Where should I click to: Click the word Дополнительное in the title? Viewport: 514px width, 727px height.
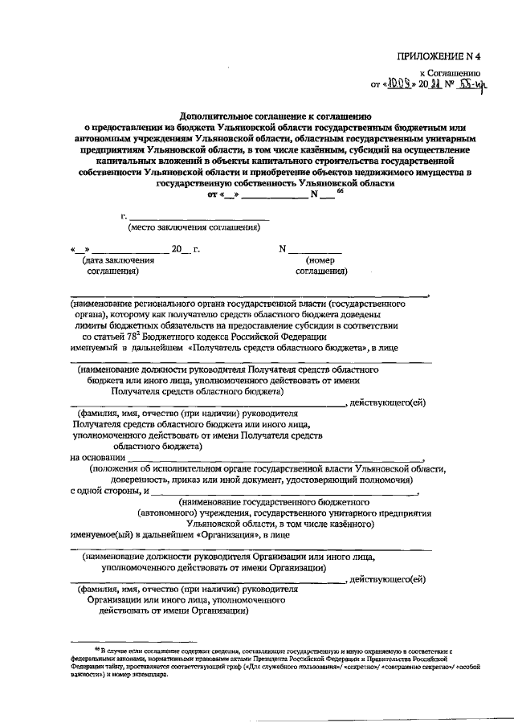tap(217, 115)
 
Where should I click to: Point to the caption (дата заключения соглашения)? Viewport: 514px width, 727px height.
tap(109, 266)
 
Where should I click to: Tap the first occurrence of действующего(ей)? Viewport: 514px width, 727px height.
tap(388, 402)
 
